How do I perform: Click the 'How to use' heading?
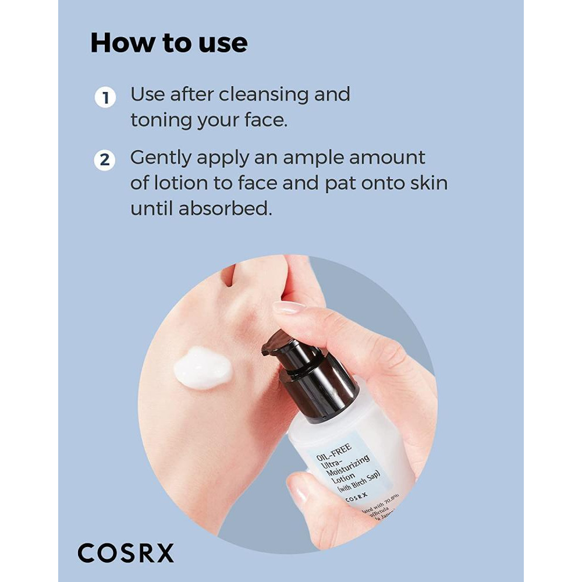pyautogui.click(x=169, y=43)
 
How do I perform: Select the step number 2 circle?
pyautogui.click(x=105, y=160)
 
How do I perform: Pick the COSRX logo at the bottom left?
pyautogui.click(x=126, y=553)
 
